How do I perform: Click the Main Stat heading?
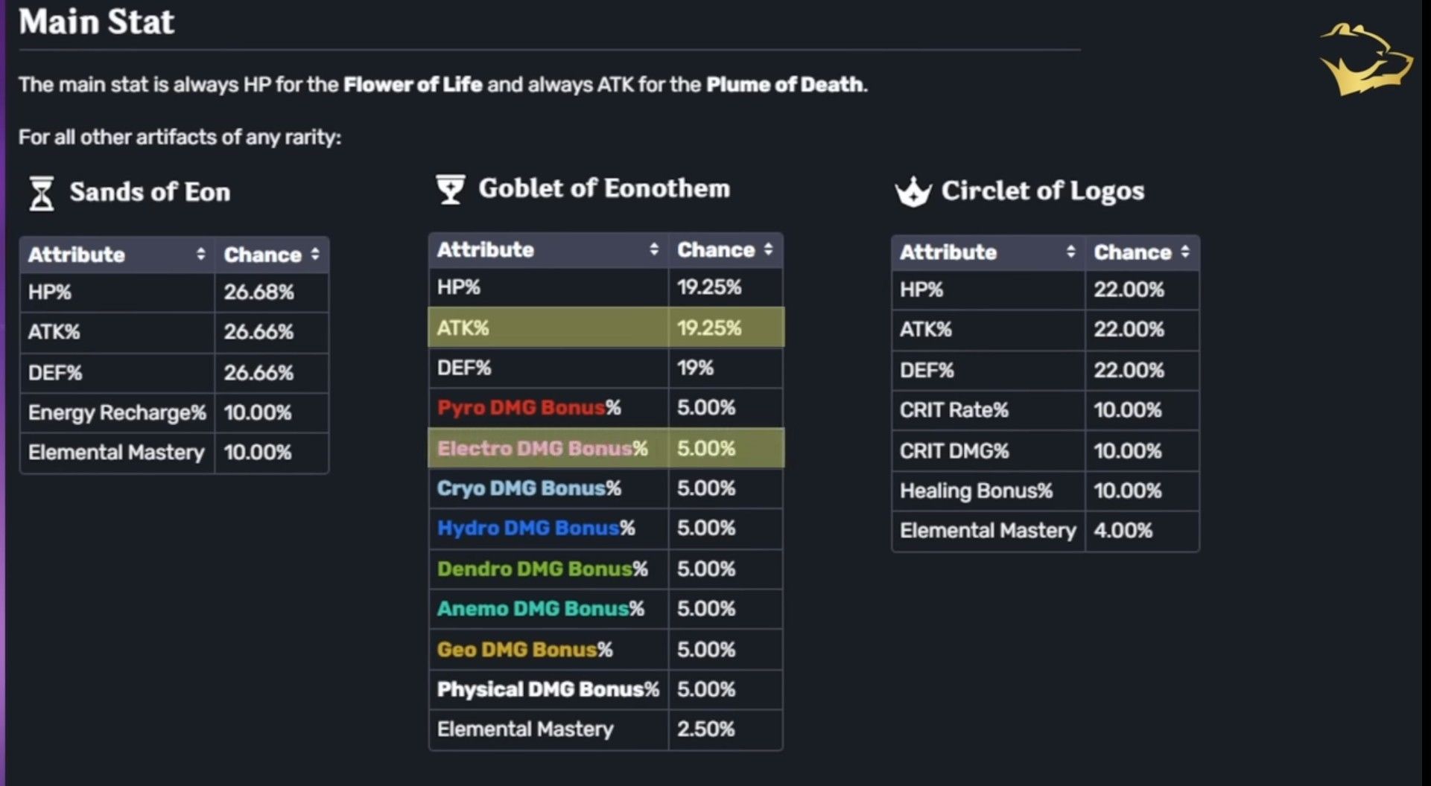[x=97, y=22]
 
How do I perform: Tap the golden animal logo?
[x=1365, y=60]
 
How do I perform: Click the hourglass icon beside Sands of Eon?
[x=42, y=194]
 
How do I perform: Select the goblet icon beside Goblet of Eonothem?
[x=450, y=189]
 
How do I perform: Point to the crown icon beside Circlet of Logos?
[x=913, y=193]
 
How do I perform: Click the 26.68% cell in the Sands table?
[x=258, y=293]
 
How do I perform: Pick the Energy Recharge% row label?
[x=117, y=413]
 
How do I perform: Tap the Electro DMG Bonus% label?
[x=542, y=449]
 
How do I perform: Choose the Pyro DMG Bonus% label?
[x=529, y=408]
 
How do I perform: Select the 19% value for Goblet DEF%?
[x=695, y=368]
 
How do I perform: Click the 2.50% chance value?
[x=705, y=729]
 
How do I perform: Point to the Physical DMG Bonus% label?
[x=548, y=690]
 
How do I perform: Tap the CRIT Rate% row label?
[x=954, y=410]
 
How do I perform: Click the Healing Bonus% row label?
[x=976, y=491]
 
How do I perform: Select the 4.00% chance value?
[x=1123, y=531]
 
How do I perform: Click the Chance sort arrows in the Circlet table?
[x=1184, y=252]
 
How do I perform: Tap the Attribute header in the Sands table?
[x=77, y=255]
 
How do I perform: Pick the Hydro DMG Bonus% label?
[x=536, y=528]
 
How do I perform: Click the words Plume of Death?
[x=785, y=85]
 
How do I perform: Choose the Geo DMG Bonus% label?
[x=525, y=650]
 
